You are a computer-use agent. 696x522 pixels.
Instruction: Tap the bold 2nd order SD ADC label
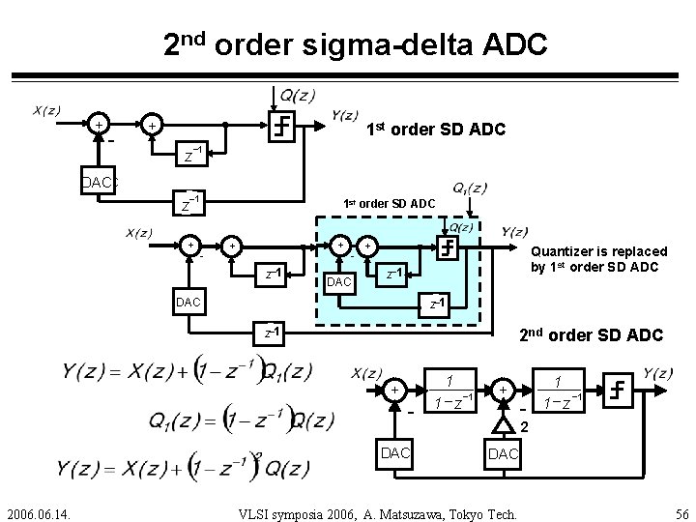(x=590, y=334)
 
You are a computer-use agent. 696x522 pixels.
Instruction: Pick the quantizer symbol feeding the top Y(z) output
(x=281, y=125)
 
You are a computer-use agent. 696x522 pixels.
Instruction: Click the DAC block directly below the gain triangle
(x=503, y=453)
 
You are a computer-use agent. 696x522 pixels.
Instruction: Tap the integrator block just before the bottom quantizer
(x=558, y=390)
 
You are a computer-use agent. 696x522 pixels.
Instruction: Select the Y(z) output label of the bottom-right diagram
(x=657, y=373)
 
